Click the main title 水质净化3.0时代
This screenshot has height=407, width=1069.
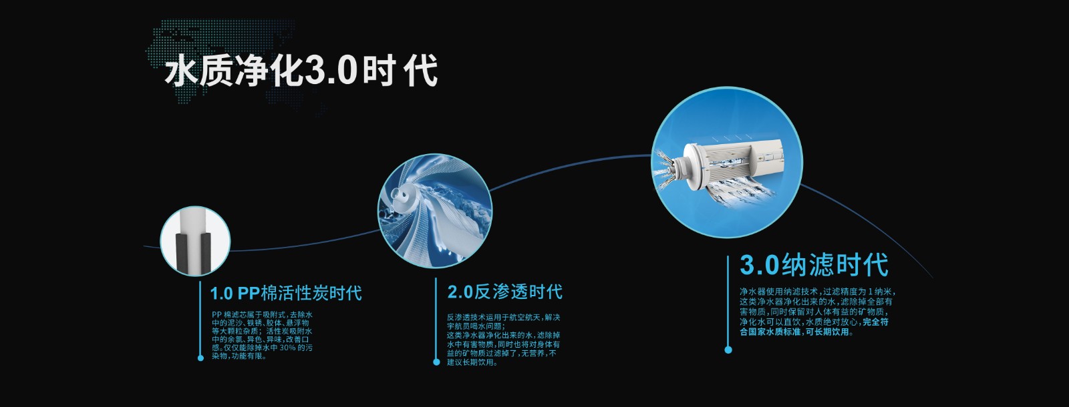[x=301, y=70]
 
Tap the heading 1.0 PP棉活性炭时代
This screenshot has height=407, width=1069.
[x=286, y=293]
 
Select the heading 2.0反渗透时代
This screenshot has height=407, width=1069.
[x=505, y=292]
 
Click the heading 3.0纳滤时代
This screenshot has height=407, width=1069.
[x=814, y=265]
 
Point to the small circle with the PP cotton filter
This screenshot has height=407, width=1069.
[x=195, y=241]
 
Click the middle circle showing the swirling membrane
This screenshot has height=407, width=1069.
[x=435, y=210]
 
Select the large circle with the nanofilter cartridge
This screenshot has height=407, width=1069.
[x=727, y=162]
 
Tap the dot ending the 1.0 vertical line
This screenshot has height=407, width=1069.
[x=200, y=358]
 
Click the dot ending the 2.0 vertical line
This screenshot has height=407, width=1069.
[x=436, y=362]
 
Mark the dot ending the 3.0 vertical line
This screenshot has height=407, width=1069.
[x=728, y=350]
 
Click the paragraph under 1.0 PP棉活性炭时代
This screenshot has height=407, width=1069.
[x=263, y=336]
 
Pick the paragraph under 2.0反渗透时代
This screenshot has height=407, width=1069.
[x=504, y=340]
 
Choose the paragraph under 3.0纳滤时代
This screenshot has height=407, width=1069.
[x=817, y=312]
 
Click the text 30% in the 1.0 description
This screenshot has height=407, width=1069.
[x=287, y=348]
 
